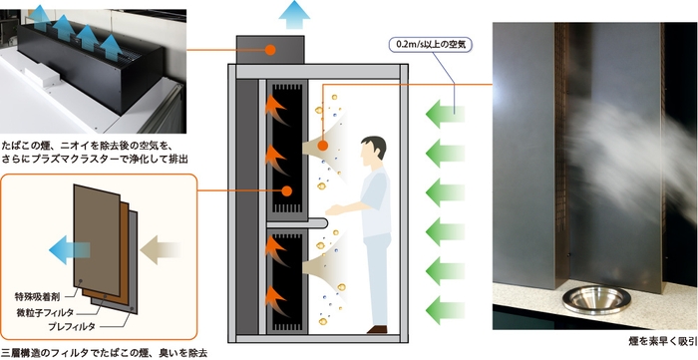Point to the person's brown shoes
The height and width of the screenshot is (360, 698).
(x=378, y=328)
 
